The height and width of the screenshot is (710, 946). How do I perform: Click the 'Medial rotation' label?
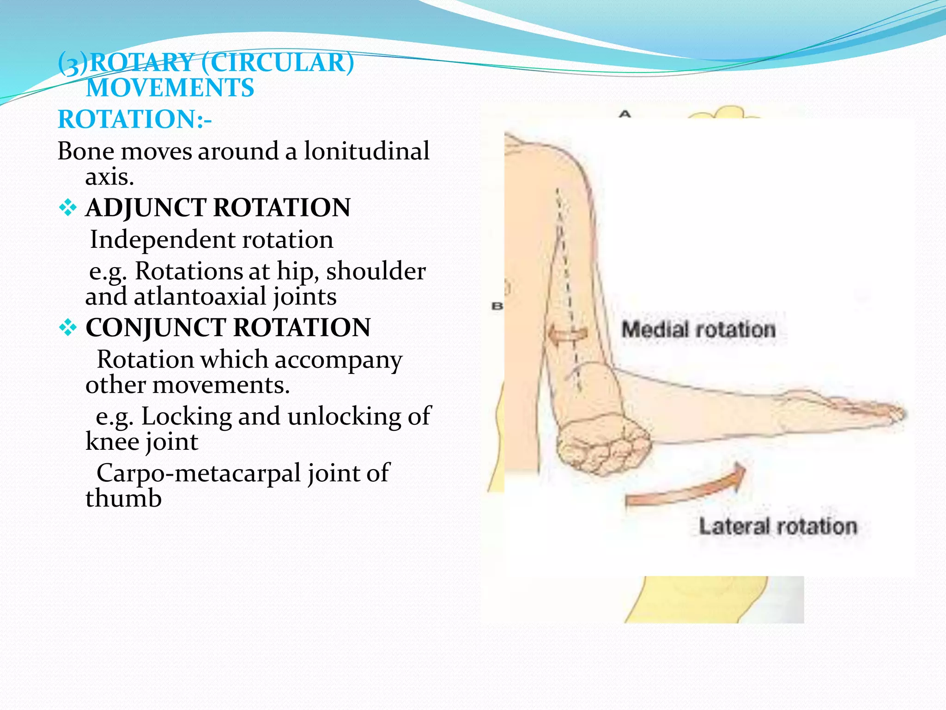698,330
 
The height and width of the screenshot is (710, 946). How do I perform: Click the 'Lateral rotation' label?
777,526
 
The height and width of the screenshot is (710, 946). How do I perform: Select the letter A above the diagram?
625,114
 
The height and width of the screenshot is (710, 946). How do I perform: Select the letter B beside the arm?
497,306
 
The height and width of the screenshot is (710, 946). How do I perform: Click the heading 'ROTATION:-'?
134,119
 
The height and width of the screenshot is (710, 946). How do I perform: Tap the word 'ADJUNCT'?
146,208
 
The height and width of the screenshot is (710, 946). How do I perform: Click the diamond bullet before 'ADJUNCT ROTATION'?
67,208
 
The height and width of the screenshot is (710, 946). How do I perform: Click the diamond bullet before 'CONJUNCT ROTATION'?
67,328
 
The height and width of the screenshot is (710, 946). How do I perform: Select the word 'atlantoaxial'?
200,296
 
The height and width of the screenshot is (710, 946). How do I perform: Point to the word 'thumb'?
123,498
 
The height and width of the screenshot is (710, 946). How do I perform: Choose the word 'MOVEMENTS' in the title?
170,88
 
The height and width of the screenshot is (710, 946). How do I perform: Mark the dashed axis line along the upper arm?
568,287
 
